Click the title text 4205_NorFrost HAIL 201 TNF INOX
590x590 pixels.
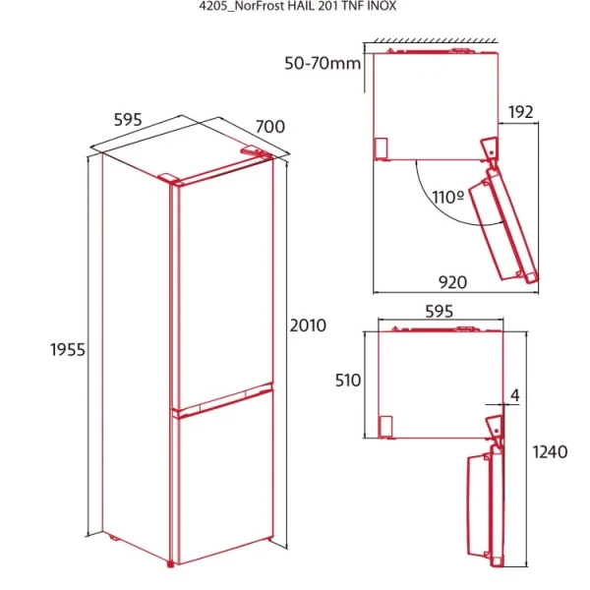point(295,6)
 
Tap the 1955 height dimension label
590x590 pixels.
point(69,349)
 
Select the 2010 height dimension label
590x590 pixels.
point(307,324)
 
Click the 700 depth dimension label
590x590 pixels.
point(269,126)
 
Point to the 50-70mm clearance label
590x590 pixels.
point(323,64)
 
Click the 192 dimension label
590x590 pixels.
point(521,112)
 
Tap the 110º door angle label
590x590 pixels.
point(447,197)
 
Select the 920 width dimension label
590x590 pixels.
point(451,282)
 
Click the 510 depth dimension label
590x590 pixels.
point(348,381)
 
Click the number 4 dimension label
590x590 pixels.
point(514,397)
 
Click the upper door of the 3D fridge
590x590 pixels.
point(221,285)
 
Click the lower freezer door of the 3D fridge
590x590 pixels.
point(222,482)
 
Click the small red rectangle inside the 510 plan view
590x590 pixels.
point(385,426)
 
